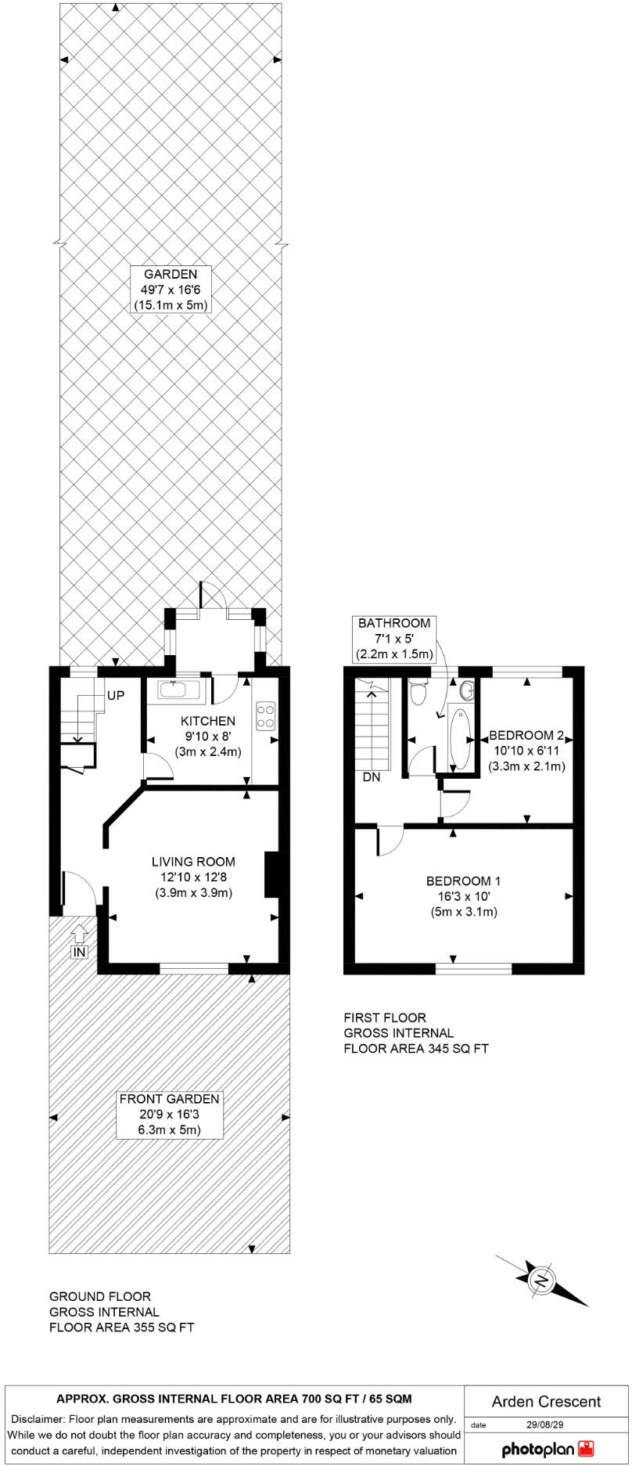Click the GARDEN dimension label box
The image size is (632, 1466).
tap(171, 290)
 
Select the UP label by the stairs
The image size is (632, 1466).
tap(115, 695)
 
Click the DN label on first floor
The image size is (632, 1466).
tap(371, 778)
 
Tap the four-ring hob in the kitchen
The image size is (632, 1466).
tap(265, 715)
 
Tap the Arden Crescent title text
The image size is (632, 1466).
tap(546, 1401)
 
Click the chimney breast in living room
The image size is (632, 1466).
tap(271, 873)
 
